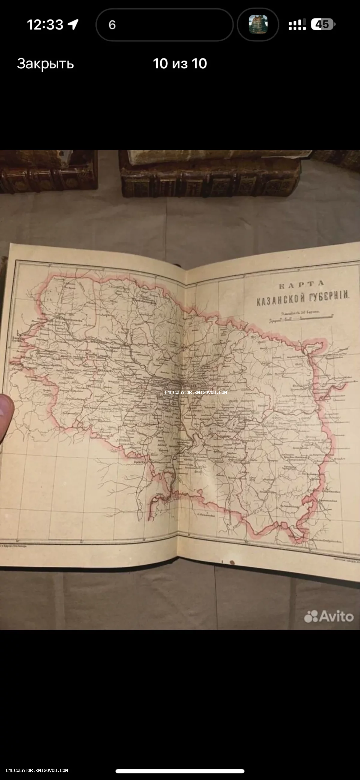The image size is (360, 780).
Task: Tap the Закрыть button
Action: (x=45, y=64)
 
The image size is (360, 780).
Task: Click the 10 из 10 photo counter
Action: (x=180, y=64)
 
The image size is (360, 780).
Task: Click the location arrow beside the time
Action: (x=73, y=24)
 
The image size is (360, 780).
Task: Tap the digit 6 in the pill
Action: (x=112, y=25)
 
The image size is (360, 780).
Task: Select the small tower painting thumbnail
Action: (x=258, y=24)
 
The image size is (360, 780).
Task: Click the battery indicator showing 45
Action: (x=323, y=24)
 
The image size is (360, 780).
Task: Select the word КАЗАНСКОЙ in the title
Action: (x=280, y=300)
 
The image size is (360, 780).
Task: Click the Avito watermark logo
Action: (x=329, y=616)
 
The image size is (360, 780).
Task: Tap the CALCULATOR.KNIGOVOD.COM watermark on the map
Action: (x=196, y=392)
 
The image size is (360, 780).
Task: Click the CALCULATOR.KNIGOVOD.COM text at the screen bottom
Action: (x=37, y=770)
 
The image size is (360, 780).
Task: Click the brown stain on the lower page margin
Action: (x=232, y=563)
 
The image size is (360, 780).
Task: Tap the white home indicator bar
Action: (x=180, y=771)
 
